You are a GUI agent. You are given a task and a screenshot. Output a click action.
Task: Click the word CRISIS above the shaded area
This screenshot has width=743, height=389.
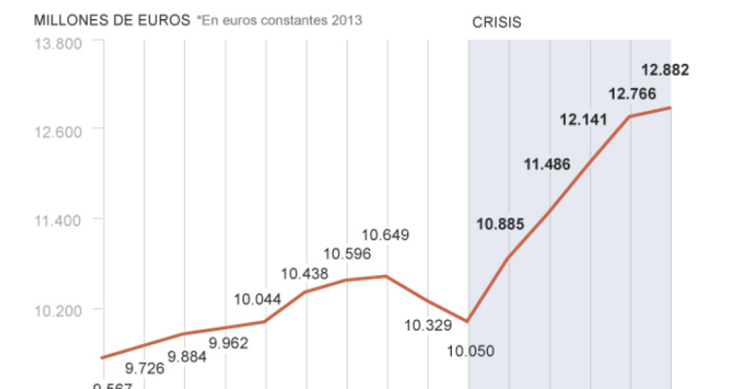pos(497,22)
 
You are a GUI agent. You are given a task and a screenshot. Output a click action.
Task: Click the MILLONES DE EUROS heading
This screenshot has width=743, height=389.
pos(112,20)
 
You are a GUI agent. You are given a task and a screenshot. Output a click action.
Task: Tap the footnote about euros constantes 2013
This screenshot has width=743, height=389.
pos(279,20)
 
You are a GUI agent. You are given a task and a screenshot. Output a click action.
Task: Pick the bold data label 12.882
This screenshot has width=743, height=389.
pos(665,70)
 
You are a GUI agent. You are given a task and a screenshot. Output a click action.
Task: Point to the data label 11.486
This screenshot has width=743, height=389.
pos(547,165)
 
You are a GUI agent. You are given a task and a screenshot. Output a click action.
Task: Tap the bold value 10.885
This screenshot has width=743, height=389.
pos(500,224)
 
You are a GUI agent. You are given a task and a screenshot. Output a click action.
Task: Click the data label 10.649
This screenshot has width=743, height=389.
pos(385,234)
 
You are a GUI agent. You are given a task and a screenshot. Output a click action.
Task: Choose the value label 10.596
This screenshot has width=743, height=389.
pos(347,254)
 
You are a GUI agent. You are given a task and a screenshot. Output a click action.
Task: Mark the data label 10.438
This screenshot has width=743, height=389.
pos(304,273)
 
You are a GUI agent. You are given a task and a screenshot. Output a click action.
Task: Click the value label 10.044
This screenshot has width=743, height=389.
pos(258,299)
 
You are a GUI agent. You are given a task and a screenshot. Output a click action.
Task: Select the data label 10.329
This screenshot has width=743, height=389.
pos(427,325)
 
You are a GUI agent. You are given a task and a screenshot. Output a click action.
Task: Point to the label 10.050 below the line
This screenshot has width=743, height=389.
pos(470,351)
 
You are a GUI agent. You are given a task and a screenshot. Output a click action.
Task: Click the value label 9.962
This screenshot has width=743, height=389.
pos(229,343)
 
